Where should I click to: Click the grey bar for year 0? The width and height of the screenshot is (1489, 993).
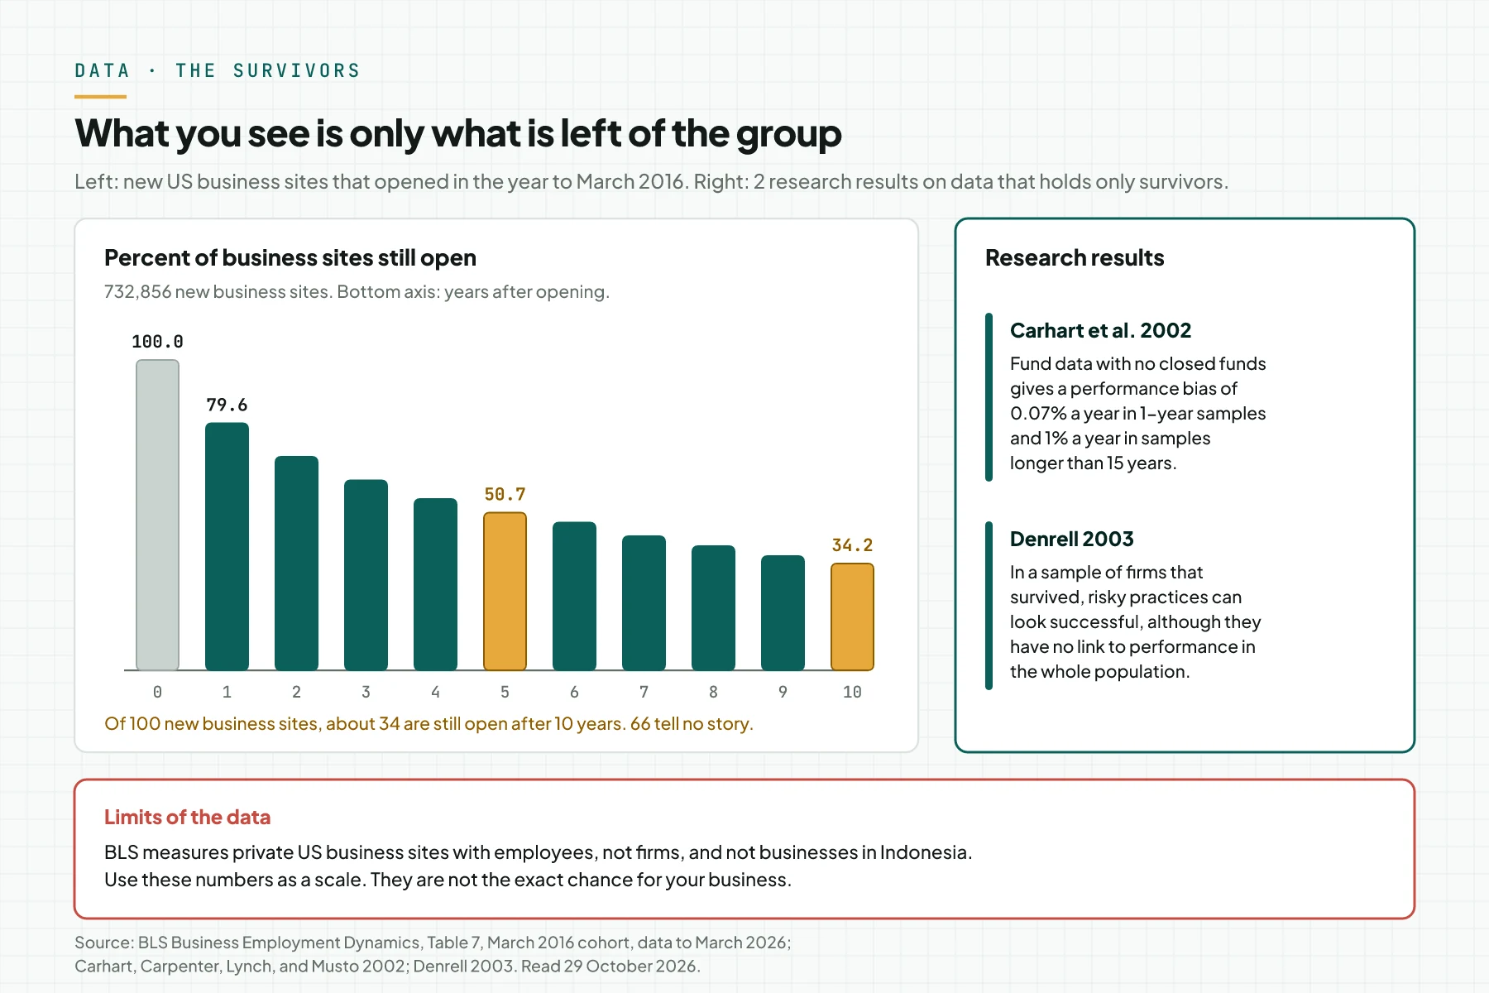(x=157, y=515)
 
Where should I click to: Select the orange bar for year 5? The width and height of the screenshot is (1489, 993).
(x=505, y=591)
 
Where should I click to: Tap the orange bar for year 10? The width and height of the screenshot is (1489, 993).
(x=852, y=616)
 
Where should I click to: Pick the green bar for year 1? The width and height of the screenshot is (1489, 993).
(x=227, y=546)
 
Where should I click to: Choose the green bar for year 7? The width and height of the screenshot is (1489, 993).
(x=644, y=602)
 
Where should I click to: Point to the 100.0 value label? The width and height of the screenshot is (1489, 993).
(x=157, y=342)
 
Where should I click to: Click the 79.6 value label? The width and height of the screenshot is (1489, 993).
(x=227, y=405)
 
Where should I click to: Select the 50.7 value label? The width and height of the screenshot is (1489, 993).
(x=505, y=494)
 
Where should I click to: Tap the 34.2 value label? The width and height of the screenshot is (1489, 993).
(x=852, y=545)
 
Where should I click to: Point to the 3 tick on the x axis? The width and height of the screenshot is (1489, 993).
(x=366, y=692)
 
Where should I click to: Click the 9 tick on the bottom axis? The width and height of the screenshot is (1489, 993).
(x=783, y=692)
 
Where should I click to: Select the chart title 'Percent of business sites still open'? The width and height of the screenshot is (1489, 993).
(x=290, y=258)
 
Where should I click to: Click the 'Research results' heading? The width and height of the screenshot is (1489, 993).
(x=1075, y=258)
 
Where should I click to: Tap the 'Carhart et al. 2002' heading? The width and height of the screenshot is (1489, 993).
(x=1100, y=330)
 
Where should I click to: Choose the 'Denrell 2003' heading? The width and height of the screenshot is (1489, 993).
(x=1071, y=539)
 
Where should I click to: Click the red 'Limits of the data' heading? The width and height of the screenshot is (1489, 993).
(x=187, y=817)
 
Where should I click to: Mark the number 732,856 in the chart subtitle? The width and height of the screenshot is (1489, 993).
(x=137, y=292)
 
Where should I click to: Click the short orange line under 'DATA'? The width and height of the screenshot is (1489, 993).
(x=100, y=97)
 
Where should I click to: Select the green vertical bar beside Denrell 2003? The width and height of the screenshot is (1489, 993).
(x=989, y=606)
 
